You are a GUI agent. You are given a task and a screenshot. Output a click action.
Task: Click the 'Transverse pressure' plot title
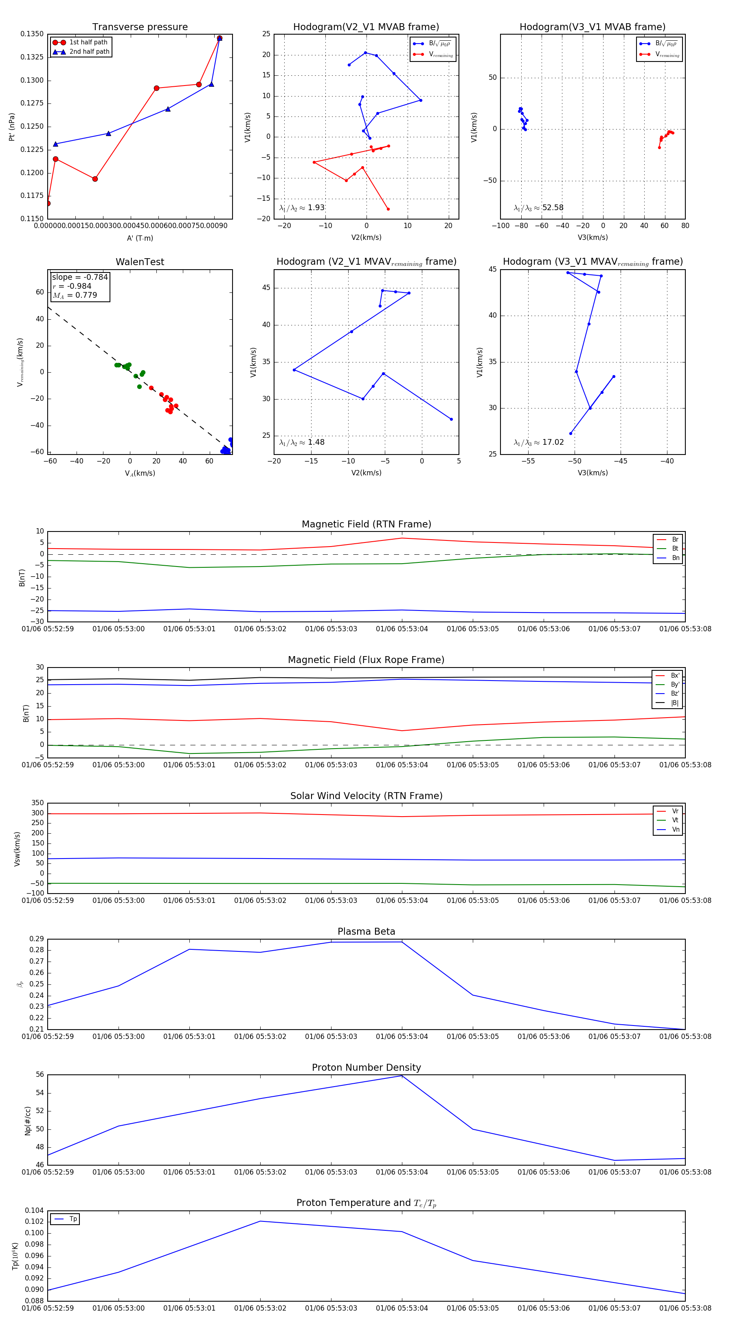[140, 27]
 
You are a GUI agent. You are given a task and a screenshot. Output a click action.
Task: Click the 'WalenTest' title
[140, 262]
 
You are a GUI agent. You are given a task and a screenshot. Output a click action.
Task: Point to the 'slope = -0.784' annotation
[80, 277]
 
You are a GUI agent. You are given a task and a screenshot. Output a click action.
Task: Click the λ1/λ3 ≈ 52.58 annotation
[538, 208]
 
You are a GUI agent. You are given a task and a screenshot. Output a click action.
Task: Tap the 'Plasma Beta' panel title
[366, 931]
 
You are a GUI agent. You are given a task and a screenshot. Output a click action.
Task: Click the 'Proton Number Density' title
[366, 1067]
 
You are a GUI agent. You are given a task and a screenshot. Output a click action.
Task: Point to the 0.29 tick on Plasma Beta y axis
[37, 939]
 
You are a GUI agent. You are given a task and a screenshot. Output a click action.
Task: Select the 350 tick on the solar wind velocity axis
[37, 803]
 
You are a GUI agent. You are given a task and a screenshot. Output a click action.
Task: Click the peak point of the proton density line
[402, 1076]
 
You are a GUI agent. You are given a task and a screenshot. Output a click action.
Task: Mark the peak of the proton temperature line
[260, 1221]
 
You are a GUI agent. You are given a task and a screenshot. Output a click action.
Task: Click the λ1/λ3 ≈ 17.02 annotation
[538, 442]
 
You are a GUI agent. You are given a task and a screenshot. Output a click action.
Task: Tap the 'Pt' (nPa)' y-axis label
[11, 127]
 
